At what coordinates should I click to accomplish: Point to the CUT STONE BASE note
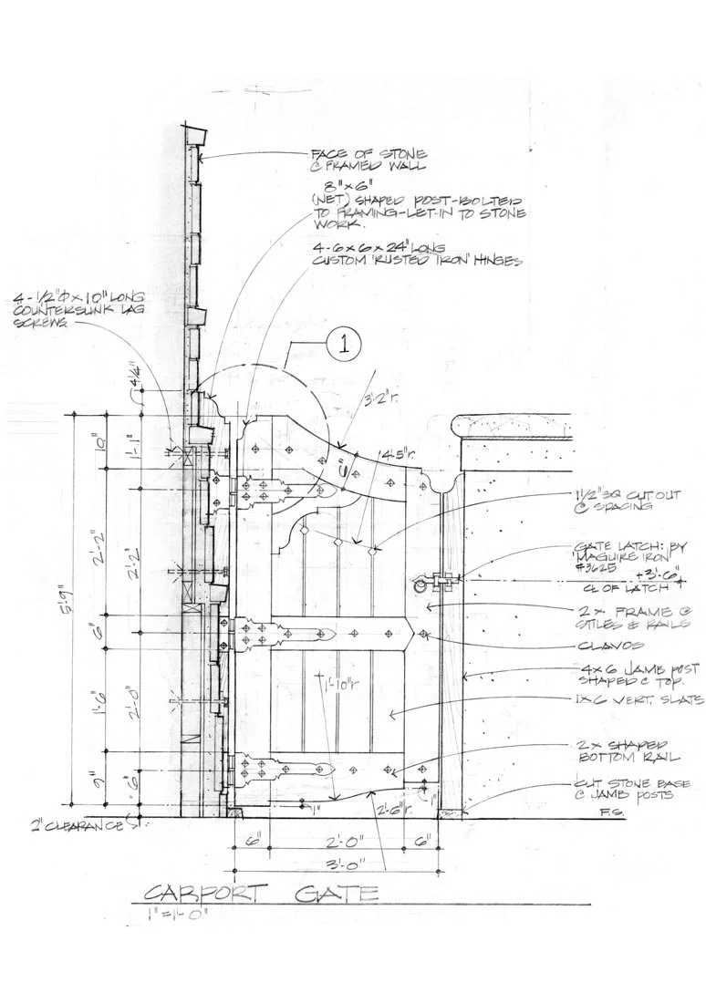click(638, 790)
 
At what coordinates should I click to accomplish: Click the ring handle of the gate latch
click(420, 584)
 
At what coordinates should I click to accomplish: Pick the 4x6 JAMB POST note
click(633, 674)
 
